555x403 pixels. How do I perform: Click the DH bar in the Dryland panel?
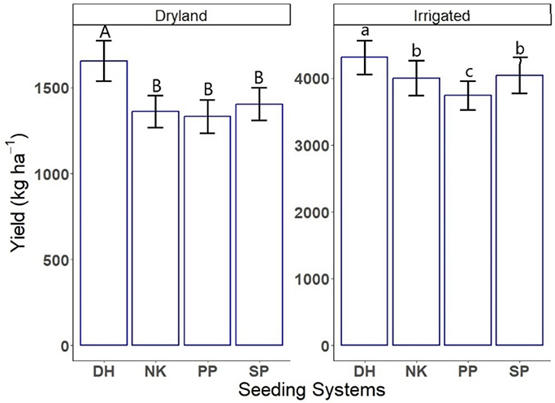pos(103,203)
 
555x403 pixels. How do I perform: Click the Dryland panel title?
pos(180,15)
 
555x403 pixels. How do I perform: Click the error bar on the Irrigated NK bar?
pos(416,78)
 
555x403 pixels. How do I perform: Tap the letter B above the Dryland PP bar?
pos(206,88)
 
